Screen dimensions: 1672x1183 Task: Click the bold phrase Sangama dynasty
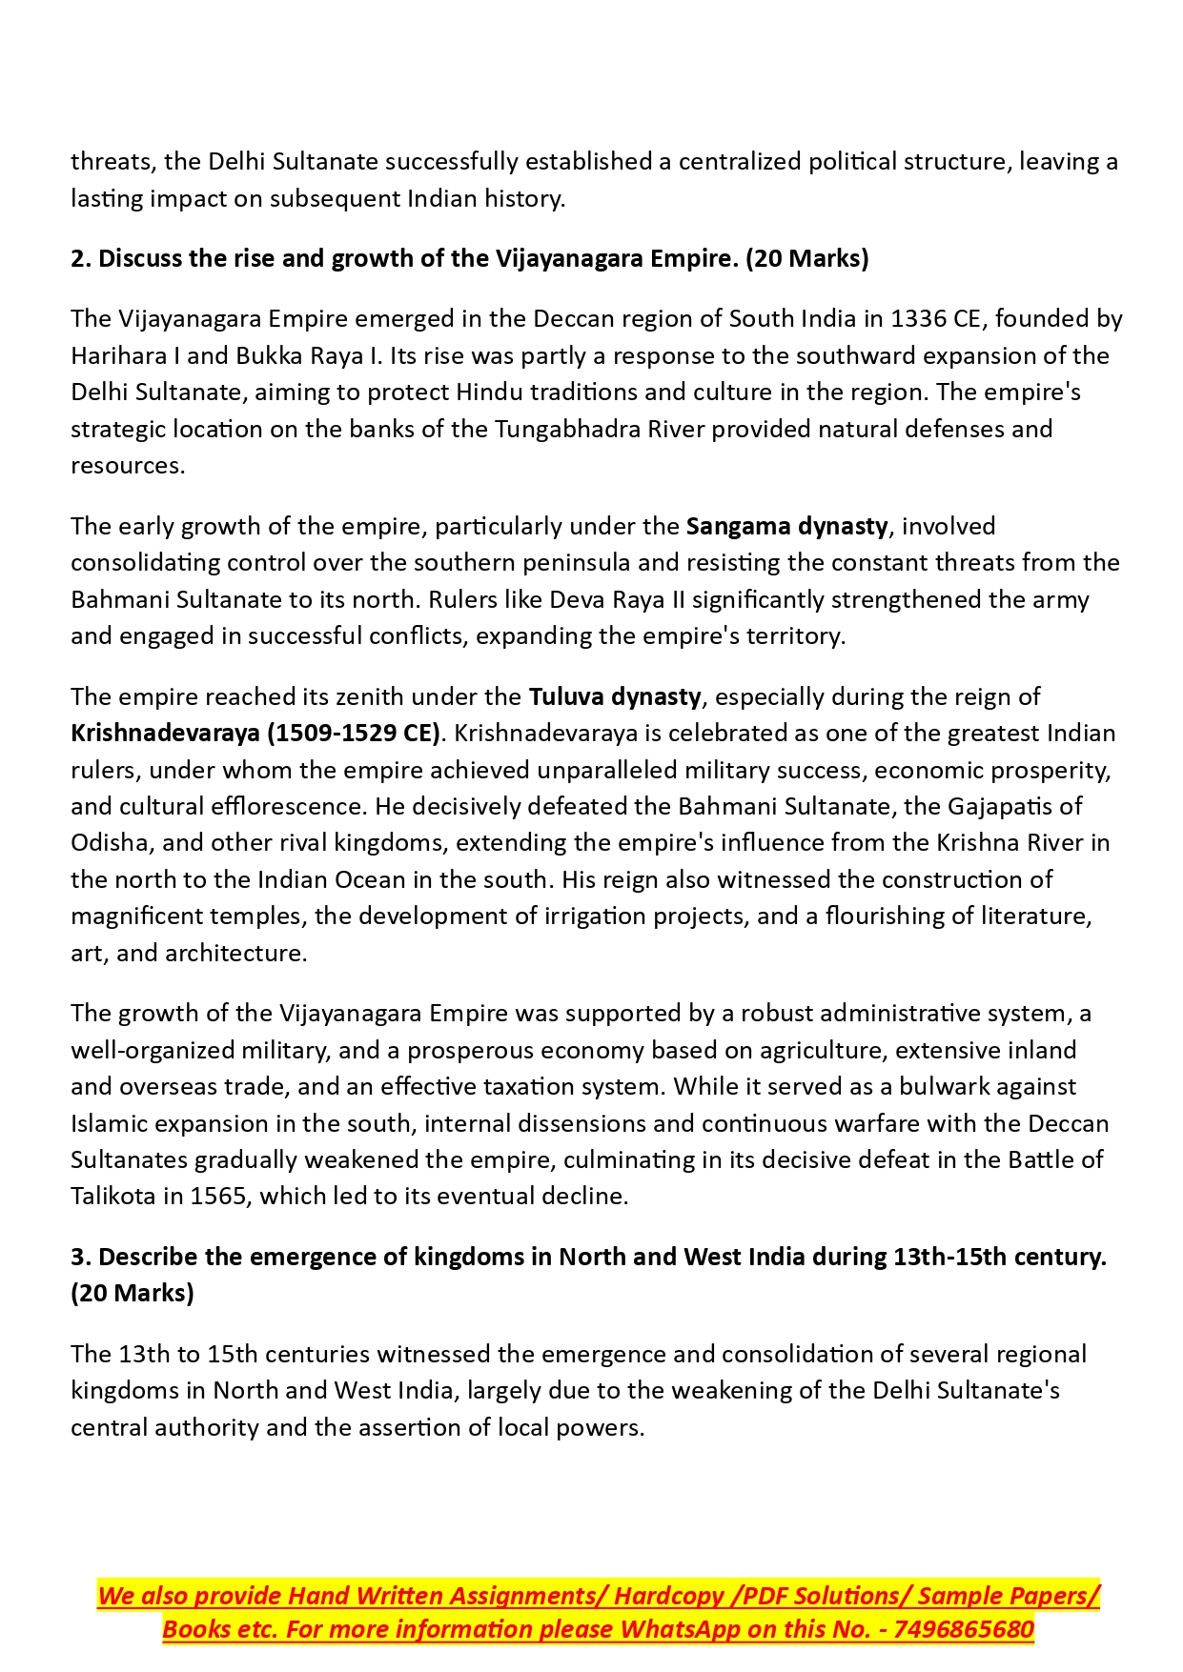point(786,526)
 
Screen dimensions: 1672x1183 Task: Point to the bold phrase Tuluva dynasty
point(615,696)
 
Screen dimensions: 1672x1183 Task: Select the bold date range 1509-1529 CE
point(352,733)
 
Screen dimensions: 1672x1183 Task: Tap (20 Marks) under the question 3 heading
point(132,1293)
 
